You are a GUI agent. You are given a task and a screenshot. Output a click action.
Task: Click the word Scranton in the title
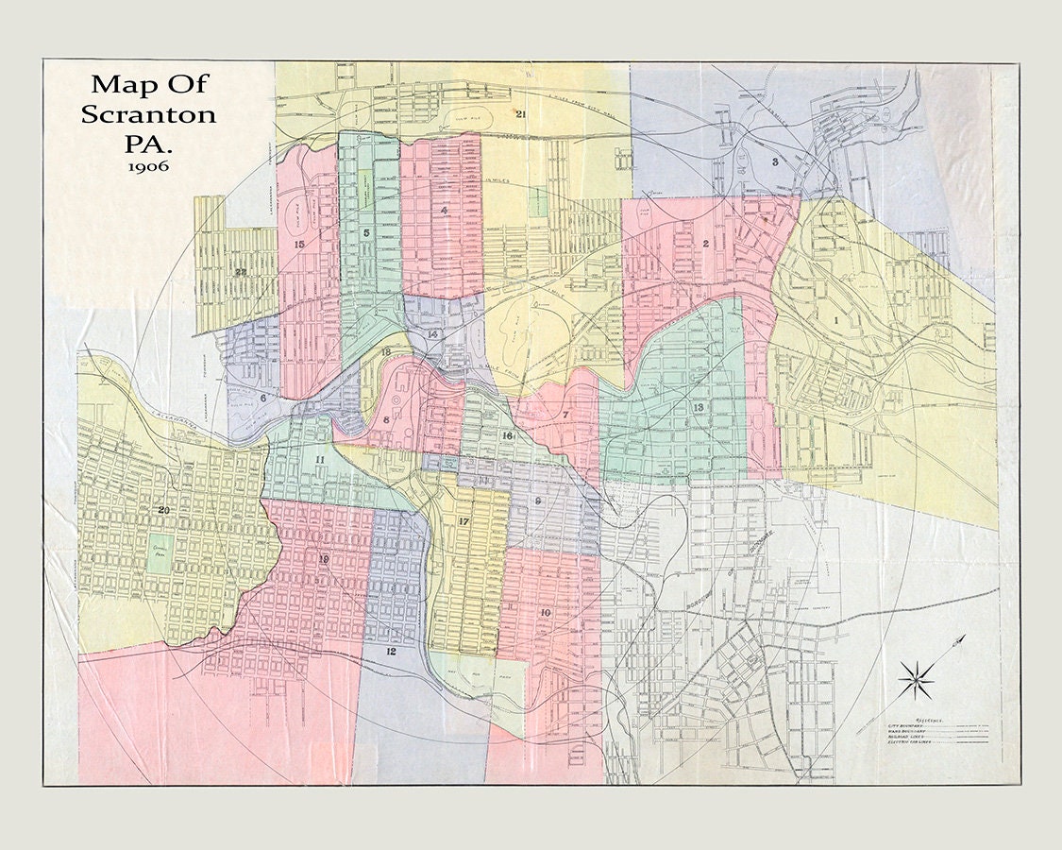148,114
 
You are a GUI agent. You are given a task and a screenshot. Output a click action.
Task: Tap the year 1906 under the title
149,166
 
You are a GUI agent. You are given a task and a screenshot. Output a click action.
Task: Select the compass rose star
915,678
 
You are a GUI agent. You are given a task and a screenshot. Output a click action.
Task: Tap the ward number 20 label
163,511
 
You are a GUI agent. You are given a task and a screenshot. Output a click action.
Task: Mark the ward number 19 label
323,560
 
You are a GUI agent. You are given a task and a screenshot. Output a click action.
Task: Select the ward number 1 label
836,321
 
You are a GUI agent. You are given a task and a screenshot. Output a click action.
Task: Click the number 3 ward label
775,161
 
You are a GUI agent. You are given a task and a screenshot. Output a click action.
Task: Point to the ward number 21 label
520,114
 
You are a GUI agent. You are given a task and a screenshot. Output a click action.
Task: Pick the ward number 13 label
698,407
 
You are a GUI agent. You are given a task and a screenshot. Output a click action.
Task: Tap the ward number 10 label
545,613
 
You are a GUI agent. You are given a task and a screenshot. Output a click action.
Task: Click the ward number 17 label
464,521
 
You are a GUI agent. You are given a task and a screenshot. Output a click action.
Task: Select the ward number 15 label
299,245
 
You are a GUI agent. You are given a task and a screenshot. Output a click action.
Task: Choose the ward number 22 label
241,272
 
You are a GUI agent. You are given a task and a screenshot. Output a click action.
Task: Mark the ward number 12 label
390,652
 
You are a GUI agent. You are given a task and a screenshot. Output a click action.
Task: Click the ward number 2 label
704,244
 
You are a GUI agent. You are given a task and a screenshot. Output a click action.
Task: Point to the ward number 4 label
443,211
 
